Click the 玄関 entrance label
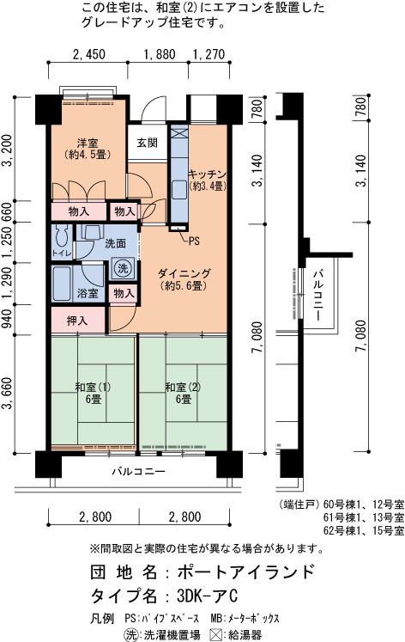147,143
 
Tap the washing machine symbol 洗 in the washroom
123,269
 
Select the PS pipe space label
194,242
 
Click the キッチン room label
207,174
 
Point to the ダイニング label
184,273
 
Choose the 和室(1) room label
94,387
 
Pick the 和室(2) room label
183,387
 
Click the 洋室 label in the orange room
88,144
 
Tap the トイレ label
62,254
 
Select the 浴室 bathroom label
88,293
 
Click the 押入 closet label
77,321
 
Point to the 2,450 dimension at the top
88,54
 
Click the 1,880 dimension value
160,54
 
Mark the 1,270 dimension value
209,54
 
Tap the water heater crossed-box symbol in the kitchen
178,133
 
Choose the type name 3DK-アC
207,596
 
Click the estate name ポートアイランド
245,572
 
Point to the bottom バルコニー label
139,471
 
